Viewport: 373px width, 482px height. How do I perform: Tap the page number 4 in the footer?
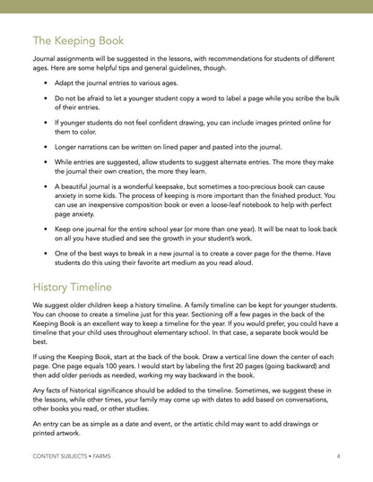coord(337,457)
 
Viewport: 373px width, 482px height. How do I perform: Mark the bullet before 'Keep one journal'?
coord(45,228)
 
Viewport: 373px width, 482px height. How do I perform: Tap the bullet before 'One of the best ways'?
coord(45,254)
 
